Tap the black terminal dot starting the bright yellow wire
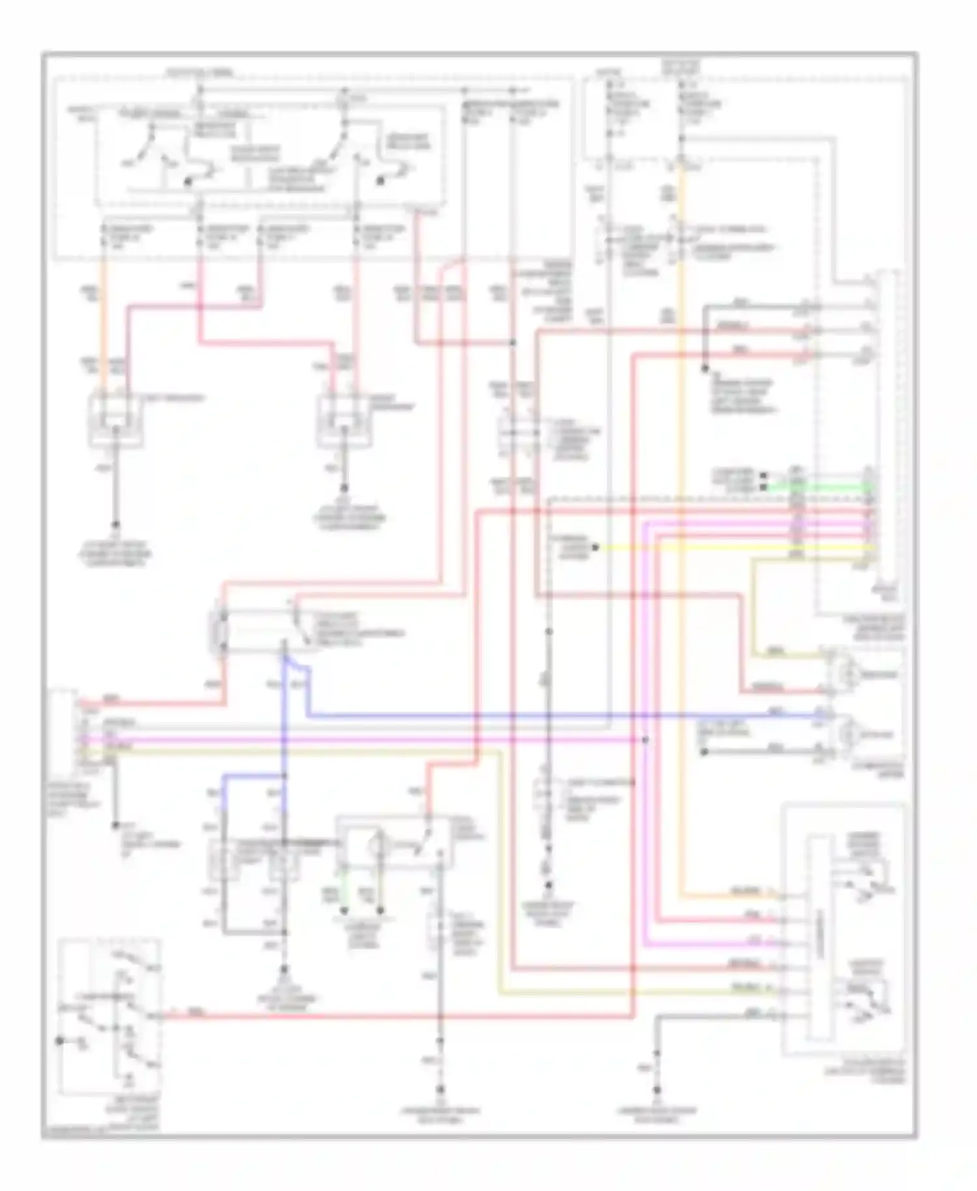point(595,548)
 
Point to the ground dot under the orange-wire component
point(116,524)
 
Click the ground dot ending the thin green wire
point(345,911)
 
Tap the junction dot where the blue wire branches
point(284,776)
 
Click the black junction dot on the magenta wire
point(645,740)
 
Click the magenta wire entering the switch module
point(778,943)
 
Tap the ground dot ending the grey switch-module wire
point(657,1108)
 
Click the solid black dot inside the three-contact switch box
point(60,1040)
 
